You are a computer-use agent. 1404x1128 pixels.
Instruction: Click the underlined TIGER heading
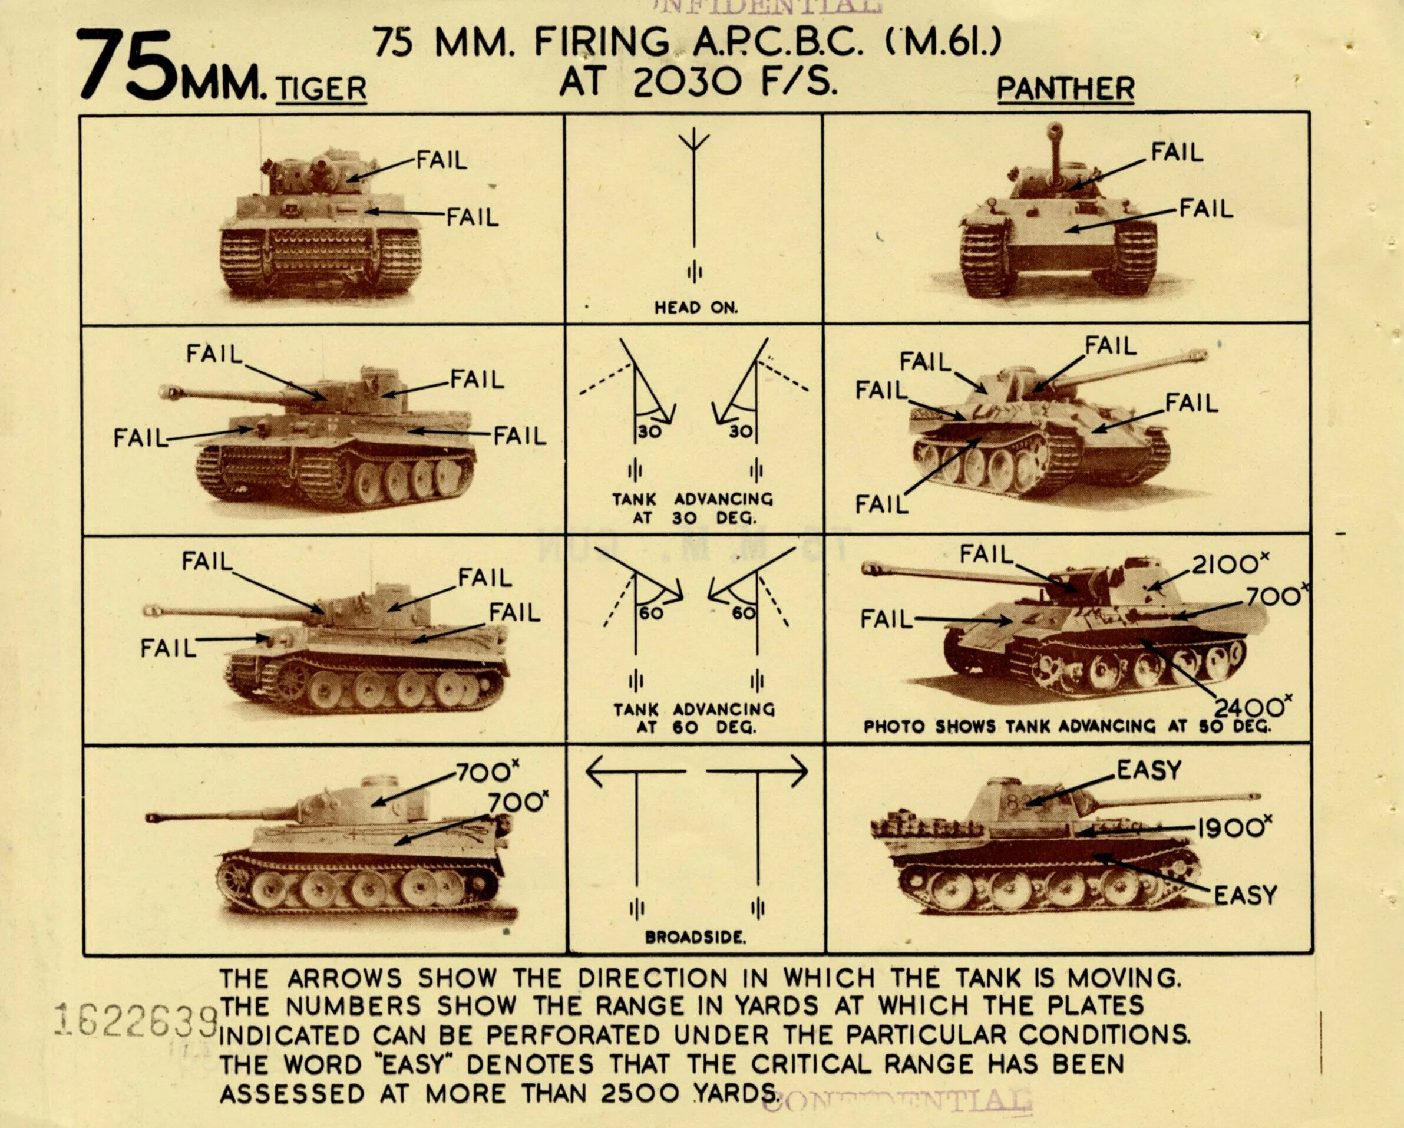pos(321,89)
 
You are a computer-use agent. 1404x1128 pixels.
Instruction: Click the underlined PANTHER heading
pos(1065,89)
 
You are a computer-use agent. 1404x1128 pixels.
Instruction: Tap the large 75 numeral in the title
pos(127,65)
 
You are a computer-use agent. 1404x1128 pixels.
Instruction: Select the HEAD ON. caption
pos(695,308)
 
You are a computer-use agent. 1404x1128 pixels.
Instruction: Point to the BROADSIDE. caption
pos(695,937)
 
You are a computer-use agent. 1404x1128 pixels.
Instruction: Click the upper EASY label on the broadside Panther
pos(1149,770)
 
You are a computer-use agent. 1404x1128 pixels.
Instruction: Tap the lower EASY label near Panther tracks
pos(1245,895)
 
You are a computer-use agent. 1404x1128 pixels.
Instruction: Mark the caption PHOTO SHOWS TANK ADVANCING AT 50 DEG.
pos(1066,726)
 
